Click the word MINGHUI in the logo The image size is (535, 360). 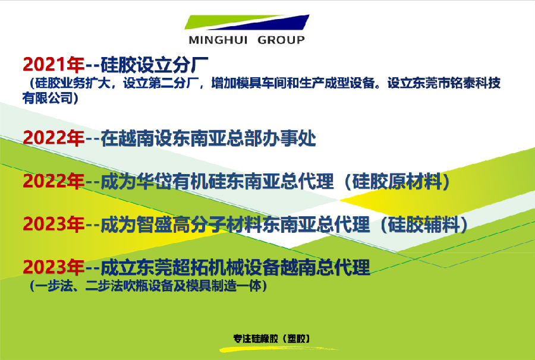tap(218, 40)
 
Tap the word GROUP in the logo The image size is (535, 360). tap(281, 40)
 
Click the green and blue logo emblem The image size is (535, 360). tap(247, 22)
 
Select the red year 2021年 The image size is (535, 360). tap(53, 64)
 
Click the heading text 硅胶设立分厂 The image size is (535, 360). tap(154, 64)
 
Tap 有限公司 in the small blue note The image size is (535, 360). tap(48, 98)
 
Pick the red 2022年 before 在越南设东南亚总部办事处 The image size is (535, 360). tap(53, 138)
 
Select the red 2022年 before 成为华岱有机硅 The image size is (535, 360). tap(53, 181)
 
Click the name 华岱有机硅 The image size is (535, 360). tap(181, 181)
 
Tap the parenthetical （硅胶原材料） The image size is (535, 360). tap(398, 181)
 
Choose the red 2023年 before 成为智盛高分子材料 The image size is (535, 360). tap(53, 224)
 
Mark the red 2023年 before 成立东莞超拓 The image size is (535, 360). tap(53, 267)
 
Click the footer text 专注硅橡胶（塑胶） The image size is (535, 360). tap(272, 339)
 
